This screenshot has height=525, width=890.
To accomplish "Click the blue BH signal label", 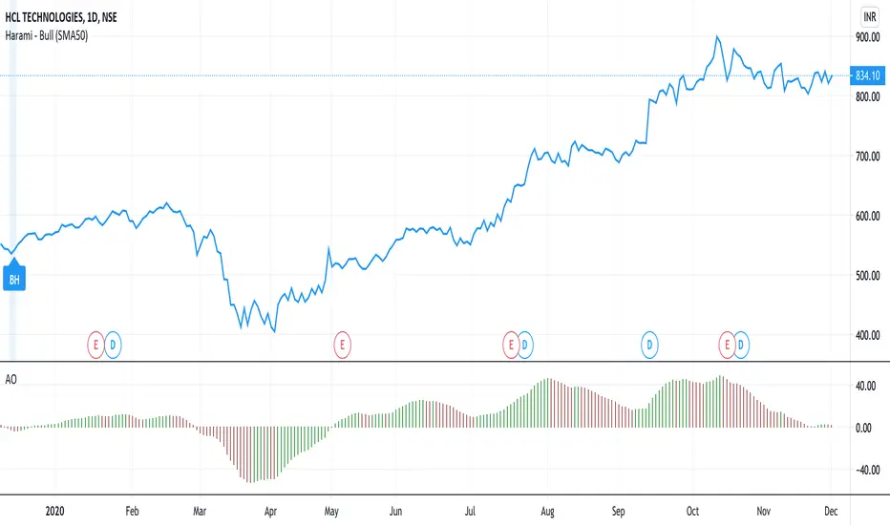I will [x=14, y=280].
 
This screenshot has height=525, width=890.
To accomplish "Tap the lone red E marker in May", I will [x=343, y=342].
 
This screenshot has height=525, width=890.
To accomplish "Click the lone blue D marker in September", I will [x=649, y=342].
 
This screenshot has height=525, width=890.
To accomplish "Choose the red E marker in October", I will [x=728, y=342].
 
